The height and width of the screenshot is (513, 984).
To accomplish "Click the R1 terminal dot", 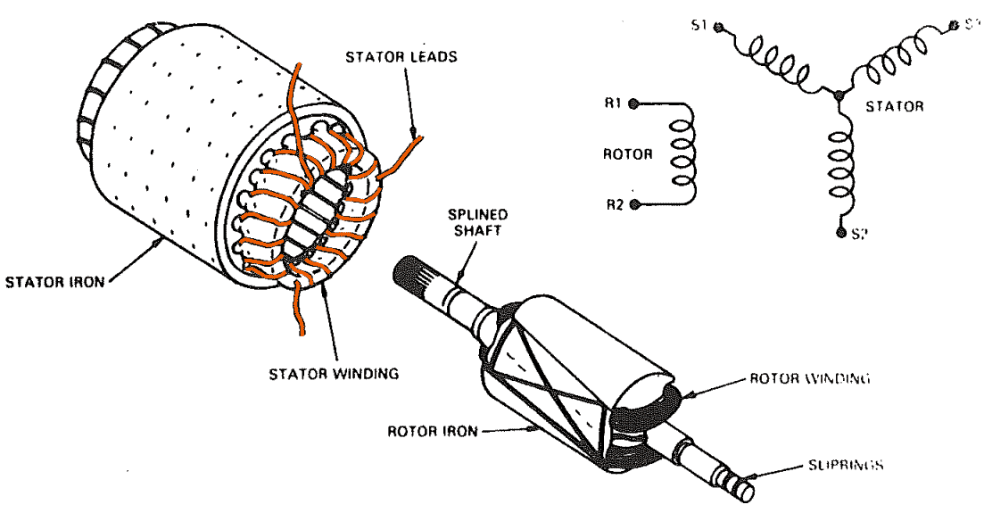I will click(x=634, y=103).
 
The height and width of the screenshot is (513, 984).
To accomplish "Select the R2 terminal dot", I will click(x=634, y=204).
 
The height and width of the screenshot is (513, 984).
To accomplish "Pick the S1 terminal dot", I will click(x=721, y=27).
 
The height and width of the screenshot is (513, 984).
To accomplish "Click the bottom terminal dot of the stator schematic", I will click(x=840, y=233).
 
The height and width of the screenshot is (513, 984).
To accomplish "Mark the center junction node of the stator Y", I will click(x=838, y=94).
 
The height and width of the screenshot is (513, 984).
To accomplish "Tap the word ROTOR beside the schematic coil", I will click(x=628, y=153).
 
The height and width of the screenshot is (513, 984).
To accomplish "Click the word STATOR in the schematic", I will click(x=895, y=106).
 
